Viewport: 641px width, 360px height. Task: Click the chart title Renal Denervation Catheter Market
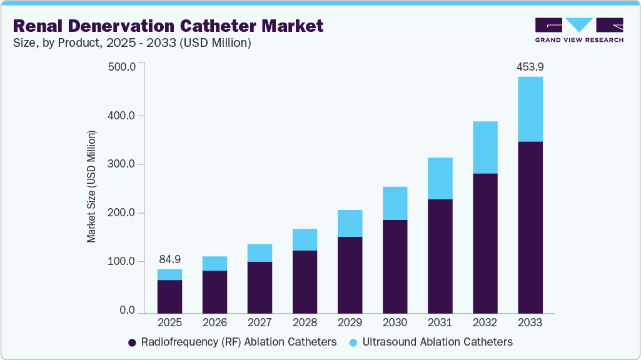click(x=168, y=26)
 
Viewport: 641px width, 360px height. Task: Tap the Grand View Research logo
click(x=579, y=29)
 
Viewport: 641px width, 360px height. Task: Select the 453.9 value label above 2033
click(x=530, y=67)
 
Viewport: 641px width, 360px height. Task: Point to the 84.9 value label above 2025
click(x=169, y=259)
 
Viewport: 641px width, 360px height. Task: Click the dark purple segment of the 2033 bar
click(x=530, y=227)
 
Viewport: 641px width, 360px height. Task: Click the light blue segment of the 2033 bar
click(x=530, y=109)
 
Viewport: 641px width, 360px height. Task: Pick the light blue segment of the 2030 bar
click(x=395, y=203)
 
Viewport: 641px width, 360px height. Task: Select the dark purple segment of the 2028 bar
click(x=305, y=281)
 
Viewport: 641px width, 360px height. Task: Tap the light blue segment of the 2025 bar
click(x=169, y=274)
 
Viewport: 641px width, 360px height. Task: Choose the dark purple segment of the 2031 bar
click(x=440, y=256)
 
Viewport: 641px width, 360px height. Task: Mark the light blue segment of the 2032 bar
click(x=485, y=147)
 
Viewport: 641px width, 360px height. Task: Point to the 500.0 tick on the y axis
click(x=122, y=67)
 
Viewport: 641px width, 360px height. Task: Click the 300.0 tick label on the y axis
click(x=122, y=164)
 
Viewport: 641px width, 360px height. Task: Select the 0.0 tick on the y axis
click(x=127, y=311)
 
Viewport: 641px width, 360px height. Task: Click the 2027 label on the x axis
click(x=260, y=323)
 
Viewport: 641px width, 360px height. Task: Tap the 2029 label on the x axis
click(x=350, y=323)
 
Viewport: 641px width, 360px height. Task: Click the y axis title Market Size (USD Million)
click(x=92, y=186)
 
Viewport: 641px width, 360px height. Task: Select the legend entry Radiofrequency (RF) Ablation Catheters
click(x=232, y=342)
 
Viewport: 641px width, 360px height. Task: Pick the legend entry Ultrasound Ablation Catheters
click(x=432, y=342)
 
